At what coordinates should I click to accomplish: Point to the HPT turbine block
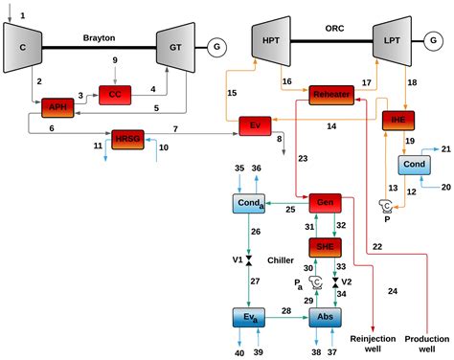pyautogui.click(x=271, y=42)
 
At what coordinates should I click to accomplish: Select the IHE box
pyautogui.click(x=397, y=120)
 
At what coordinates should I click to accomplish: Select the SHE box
pyautogui.click(x=325, y=246)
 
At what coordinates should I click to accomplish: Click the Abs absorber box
pyautogui.click(x=326, y=317)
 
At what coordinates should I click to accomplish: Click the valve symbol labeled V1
pyautogui.click(x=248, y=261)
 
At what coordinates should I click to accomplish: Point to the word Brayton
pyautogui.click(x=100, y=37)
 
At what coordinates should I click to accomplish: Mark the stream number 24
pyautogui.click(x=392, y=291)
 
